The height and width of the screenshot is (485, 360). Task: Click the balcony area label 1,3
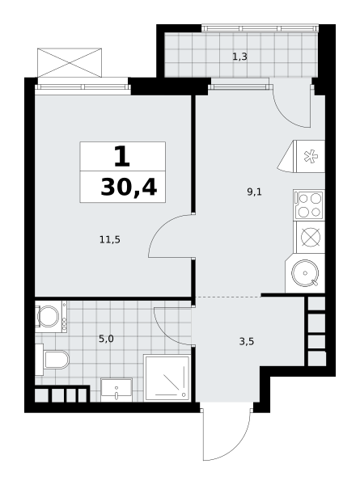(239, 57)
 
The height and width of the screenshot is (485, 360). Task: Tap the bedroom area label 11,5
(110, 239)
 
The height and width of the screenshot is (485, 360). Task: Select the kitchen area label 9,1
(255, 192)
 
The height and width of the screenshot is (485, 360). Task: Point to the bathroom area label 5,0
(106, 339)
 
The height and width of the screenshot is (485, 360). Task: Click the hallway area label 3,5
(247, 341)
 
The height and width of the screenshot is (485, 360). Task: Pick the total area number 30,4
(129, 188)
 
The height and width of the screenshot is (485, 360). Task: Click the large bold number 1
(122, 156)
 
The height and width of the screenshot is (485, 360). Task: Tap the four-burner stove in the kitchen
(309, 205)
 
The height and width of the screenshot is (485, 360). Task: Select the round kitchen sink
(305, 273)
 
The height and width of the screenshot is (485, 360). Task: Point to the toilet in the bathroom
(52, 360)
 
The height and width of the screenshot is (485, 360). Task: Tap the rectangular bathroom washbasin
(116, 390)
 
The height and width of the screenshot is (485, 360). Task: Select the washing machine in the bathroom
(51, 316)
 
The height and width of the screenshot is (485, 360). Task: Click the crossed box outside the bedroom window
(70, 62)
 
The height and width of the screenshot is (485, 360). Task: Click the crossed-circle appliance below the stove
(311, 237)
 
